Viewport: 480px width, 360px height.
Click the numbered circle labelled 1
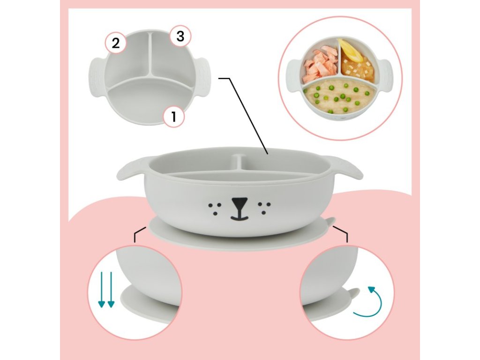[174, 116]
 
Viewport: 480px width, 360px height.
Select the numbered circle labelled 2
[116, 43]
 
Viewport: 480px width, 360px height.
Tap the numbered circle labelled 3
[180, 37]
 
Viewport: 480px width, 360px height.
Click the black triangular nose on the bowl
[239, 204]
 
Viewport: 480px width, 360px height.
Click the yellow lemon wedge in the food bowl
[351, 50]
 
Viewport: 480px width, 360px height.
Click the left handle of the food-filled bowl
[293, 75]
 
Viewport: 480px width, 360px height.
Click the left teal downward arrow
[101, 289]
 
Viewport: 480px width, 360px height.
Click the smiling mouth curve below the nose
[240, 217]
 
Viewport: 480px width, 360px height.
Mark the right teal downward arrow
[111, 289]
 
